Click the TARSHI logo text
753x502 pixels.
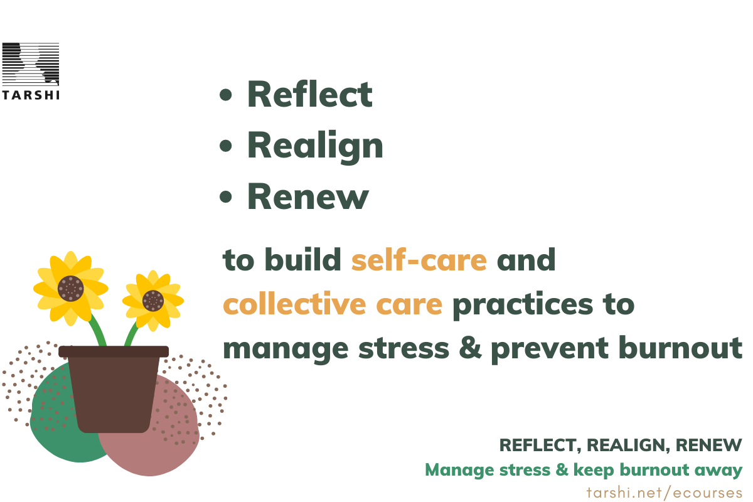click(x=31, y=95)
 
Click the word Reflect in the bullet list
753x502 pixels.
click(x=309, y=95)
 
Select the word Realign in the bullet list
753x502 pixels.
click(x=315, y=147)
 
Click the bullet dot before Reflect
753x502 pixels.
click(x=225, y=95)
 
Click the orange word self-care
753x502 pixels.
click(x=419, y=259)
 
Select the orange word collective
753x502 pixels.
click(x=294, y=304)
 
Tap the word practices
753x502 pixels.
click(x=523, y=306)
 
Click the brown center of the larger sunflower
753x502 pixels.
click(x=70, y=289)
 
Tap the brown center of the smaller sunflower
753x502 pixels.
click(x=153, y=301)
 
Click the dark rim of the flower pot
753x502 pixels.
click(x=114, y=351)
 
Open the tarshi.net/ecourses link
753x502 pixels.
click(x=665, y=493)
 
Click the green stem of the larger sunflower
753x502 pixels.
click(x=97, y=331)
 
